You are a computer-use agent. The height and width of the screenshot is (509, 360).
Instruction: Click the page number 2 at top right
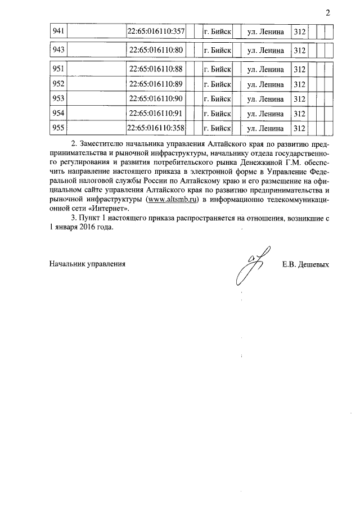327,13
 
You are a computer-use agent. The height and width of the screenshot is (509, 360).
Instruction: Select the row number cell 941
58,31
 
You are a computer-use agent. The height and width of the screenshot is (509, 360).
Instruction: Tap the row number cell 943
58,50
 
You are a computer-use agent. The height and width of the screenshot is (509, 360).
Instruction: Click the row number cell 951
58,69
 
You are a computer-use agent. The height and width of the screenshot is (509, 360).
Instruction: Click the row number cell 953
58,99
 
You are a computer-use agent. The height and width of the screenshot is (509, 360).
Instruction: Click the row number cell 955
58,128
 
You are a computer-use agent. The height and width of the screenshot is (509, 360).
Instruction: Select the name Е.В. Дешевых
305,264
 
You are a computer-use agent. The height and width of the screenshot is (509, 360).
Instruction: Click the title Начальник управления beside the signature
87,264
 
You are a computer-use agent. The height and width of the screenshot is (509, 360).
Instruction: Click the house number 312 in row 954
299,114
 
